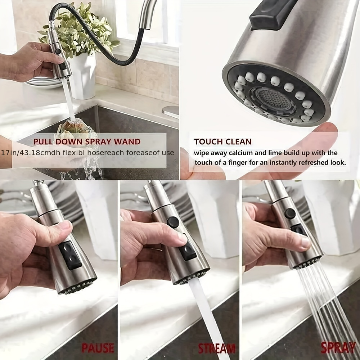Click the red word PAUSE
[98, 348]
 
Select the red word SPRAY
[338, 348]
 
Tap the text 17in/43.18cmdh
[30, 153]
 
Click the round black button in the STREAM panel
[173, 222]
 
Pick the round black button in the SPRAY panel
[290, 213]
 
